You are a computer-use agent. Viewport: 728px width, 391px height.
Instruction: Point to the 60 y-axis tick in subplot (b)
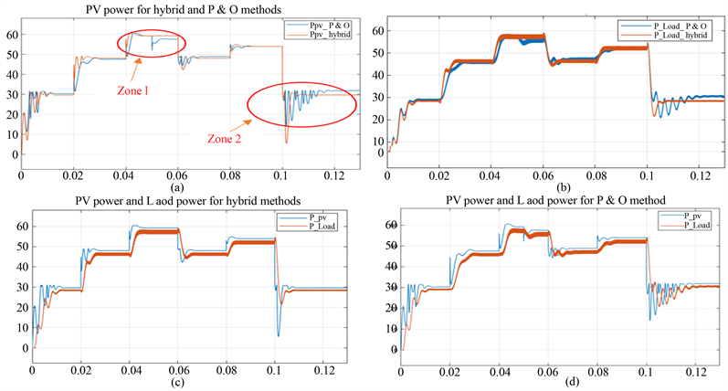377,30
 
